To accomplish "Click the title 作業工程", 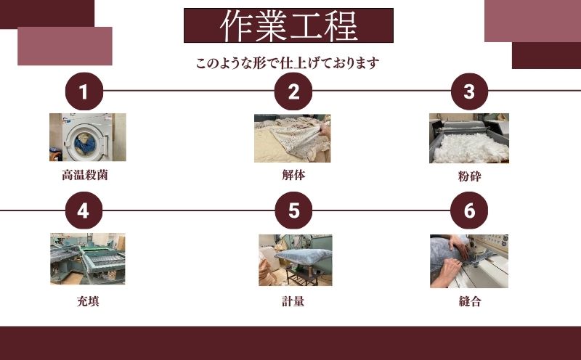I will [288, 25].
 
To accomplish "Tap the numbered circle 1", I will [84, 92].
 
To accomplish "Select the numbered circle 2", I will [293, 92].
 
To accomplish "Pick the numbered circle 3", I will [469, 92].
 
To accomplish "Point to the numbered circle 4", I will [84, 210].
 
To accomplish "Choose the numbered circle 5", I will [293, 210].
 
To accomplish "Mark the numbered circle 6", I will [469, 210].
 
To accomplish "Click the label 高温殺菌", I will [85, 175].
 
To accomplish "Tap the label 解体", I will [293, 175].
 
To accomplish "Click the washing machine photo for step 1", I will [87, 137].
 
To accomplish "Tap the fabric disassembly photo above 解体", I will [292, 138].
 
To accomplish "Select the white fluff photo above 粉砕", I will [468, 138].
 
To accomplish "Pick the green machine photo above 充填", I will [87, 259].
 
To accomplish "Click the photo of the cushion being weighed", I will [295, 260].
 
